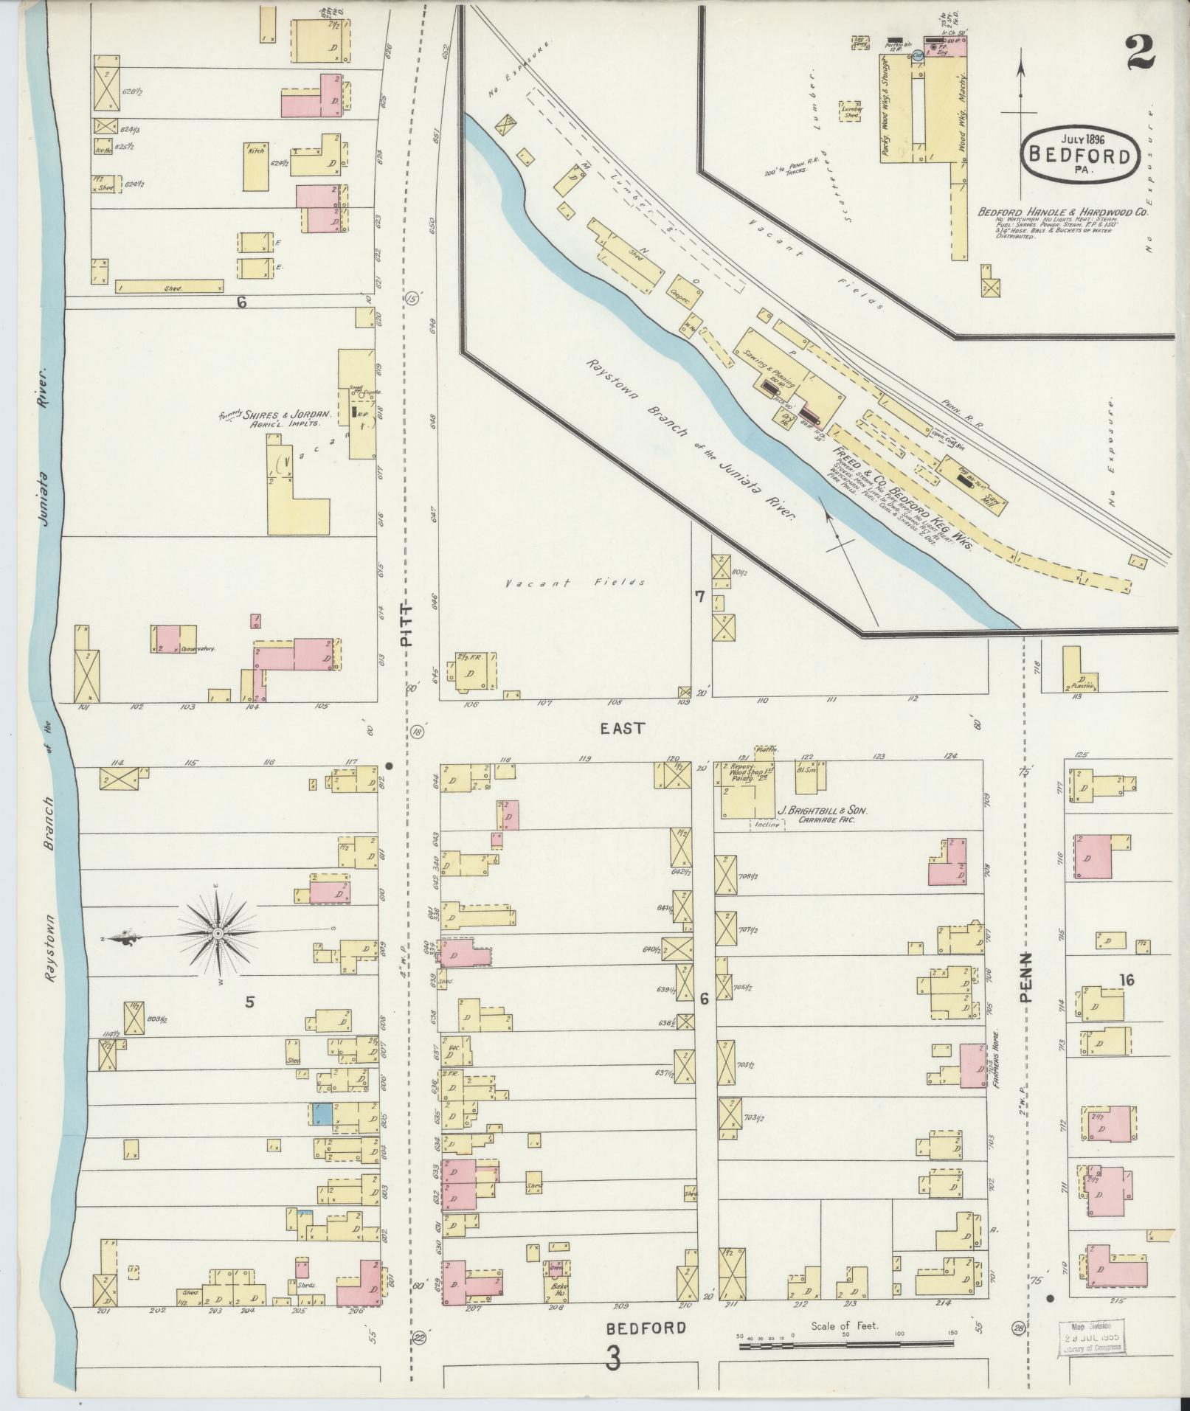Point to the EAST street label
622,728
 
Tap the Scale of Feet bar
847,1346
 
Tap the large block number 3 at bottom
613,1359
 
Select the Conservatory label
197,649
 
